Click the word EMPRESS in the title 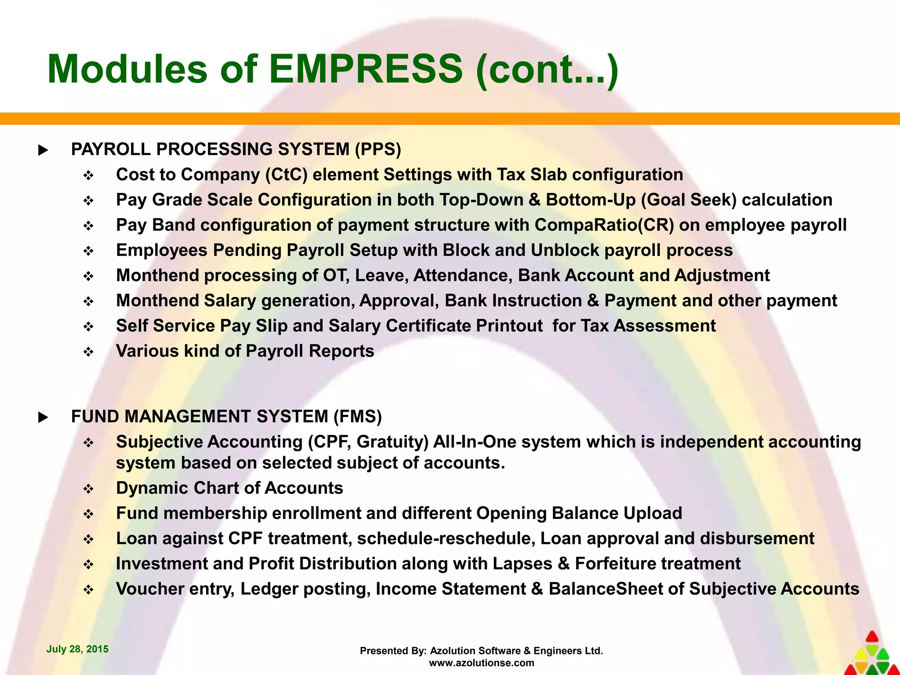tap(366, 69)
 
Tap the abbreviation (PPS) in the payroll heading tap(378, 149)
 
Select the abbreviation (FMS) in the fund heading tap(357, 417)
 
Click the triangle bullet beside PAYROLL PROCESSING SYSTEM tap(43, 150)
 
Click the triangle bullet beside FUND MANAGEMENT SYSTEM tap(43, 417)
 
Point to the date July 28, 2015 tap(77, 649)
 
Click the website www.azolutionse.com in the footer tap(481, 663)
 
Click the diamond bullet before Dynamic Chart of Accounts tap(89, 489)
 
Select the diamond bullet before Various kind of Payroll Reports tap(89, 352)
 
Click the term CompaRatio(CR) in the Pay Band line tap(604, 225)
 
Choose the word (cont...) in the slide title tap(547, 69)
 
